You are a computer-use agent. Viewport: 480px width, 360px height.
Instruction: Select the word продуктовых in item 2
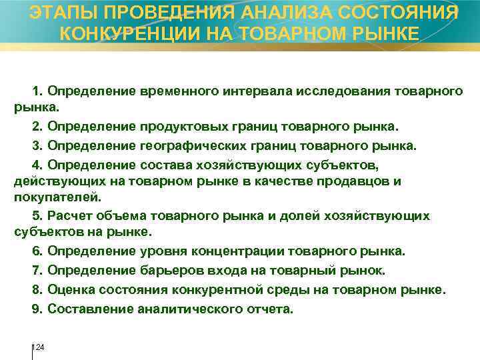pyautogui.click(x=178, y=126)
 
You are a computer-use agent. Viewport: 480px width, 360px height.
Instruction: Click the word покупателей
pyautogui.click(x=57, y=197)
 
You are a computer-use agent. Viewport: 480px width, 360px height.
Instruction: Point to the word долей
pyautogui.click(x=304, y=215)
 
